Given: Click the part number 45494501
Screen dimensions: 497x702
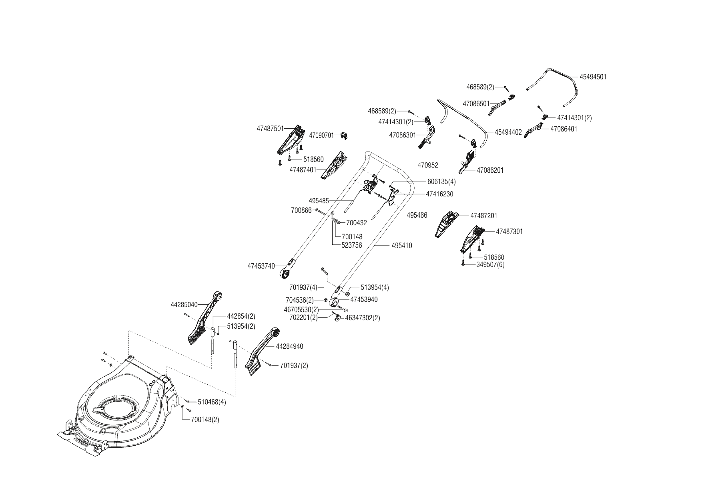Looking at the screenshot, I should click(x=593, y=77).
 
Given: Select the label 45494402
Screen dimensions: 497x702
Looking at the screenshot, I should click(x=508, y=132).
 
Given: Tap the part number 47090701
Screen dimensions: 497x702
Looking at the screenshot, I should click(x=321, y=135).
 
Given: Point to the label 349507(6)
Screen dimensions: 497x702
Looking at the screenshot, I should click(x=490, y=265).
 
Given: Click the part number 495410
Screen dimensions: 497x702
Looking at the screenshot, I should click(x=401, y=245).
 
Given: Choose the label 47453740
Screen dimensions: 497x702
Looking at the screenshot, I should click(x=261, y=266).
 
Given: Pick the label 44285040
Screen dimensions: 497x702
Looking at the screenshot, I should click(x=184, y=305).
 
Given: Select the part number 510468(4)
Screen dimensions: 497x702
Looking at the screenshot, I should click(x=212, y=402).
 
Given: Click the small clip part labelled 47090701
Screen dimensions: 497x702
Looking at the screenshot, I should click(x=343, y=135).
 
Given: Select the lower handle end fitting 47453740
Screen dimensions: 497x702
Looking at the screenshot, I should click(x=287, y=271).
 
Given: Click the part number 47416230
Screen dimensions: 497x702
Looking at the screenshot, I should click(x=439, y=194).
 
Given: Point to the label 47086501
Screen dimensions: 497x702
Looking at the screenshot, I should click(x=476, y=104).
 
